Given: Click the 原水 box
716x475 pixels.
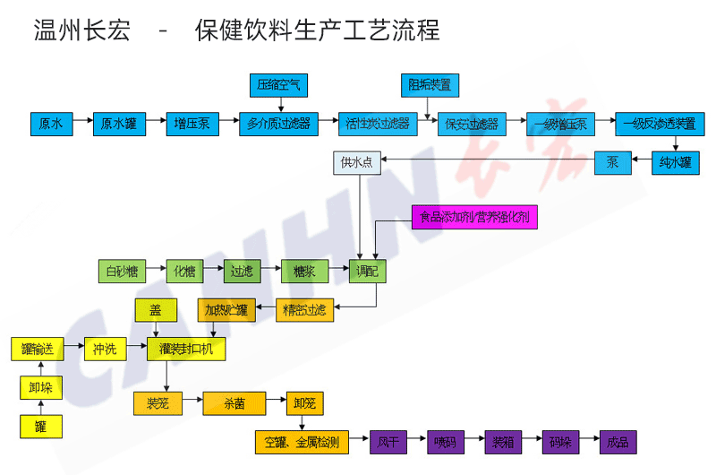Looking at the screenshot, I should tap(50, 124).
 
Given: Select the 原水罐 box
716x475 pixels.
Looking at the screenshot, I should tap(119, 124).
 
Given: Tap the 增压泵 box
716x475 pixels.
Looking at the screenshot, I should tap(192, 124).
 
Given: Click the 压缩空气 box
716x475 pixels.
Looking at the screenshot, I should tap(278, 86).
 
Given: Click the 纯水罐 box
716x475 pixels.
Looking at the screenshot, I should tap(675, 163).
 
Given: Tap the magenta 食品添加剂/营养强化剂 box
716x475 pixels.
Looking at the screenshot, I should tap(474, 217).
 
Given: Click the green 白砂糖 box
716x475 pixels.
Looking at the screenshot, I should tap(122, 271).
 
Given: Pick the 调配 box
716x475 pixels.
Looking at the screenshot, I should tap(367, 271).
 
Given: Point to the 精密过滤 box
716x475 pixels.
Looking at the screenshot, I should tap(304, 310).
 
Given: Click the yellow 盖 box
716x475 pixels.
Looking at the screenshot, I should tap(156, 310).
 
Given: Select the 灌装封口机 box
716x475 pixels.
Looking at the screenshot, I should tap(186, 349).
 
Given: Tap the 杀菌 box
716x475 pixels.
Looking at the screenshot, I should tap(234, 403).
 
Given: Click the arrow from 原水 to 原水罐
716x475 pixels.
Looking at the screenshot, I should tap(83, 124).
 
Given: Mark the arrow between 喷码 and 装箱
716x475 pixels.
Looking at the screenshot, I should tap(471, 441).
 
